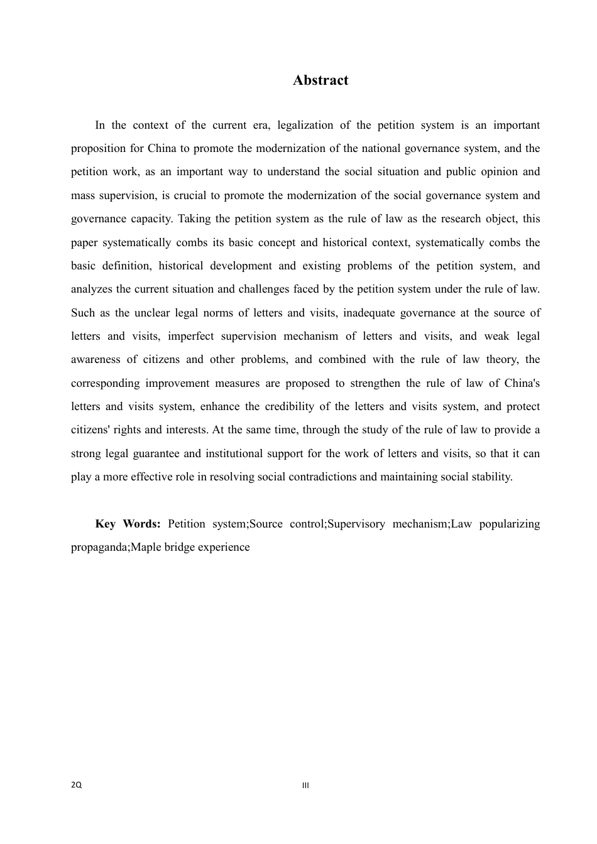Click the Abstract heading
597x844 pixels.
click(320, 80)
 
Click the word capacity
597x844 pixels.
click(151, 219)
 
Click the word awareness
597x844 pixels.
click(96, 360)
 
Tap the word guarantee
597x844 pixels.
click(159, 454)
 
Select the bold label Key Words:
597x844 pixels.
click(128, 524)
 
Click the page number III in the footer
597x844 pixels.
click(306, 786)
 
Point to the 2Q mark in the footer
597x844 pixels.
click(76, 786)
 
